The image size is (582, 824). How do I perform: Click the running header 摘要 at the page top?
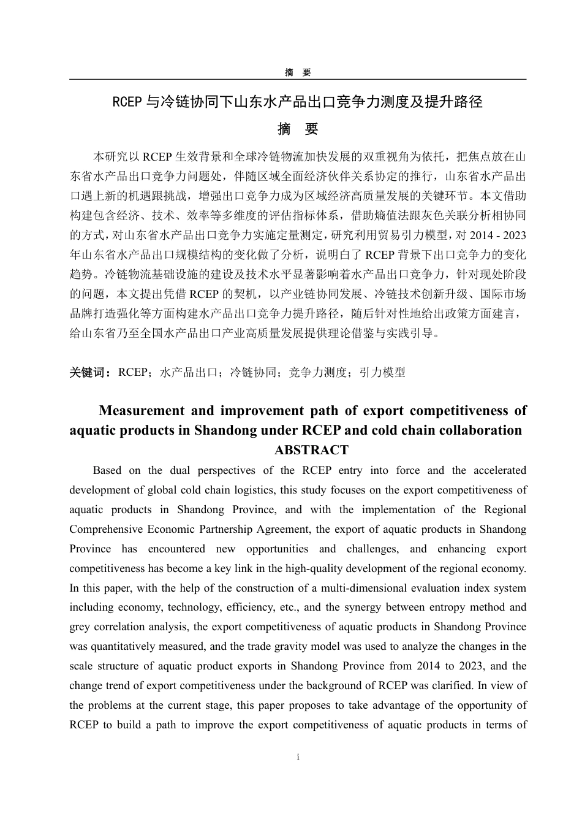click(298, 72)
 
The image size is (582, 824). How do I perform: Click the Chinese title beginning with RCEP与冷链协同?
click(298, 102)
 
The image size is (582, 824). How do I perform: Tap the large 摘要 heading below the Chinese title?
click(298, 129)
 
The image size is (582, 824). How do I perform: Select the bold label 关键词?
click(90, 372)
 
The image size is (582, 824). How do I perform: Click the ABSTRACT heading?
click(311, 450)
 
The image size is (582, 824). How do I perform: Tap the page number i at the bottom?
click(298, 757)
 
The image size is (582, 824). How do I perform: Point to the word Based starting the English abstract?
click(107, 470)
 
